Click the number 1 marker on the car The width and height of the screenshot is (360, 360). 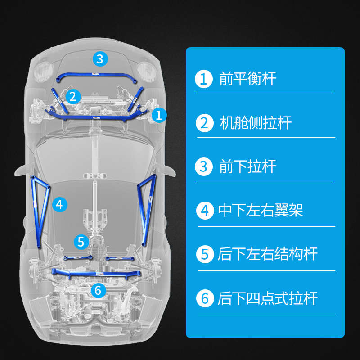(158, 115)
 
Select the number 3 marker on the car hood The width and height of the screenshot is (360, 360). (100, 58)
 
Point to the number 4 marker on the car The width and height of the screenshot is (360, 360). (60, 204)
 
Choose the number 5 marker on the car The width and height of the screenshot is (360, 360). (81, 242)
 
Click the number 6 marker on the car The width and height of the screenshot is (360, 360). (98, 290)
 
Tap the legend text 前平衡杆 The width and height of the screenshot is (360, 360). (247, 79)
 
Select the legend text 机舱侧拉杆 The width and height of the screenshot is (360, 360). (256, 123)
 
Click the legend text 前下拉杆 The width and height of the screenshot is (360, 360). (247, 166)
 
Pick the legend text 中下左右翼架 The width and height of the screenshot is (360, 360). (261, 210)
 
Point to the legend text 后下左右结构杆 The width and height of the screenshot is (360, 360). (267, 254)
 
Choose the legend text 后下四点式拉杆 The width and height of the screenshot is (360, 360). (267, 298)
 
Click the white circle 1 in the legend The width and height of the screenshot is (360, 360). (203, 79)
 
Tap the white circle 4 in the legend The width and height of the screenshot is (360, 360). (205, 210)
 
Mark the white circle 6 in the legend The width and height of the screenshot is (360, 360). (205, 298)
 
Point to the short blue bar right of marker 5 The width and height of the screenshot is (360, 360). (120, 258)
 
